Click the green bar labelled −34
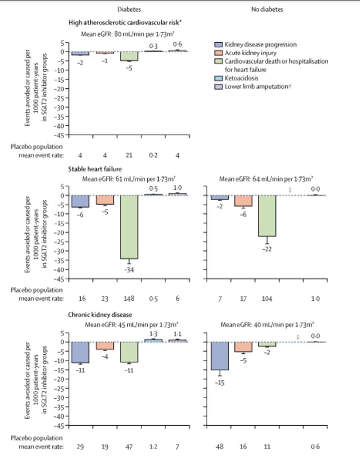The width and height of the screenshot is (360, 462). [x=129, y=227]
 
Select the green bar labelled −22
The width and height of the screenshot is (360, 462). [x=267, y=216]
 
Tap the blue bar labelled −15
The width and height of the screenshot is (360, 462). [x=220, y=356]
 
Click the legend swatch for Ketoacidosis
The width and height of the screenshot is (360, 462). [x=219, y=78]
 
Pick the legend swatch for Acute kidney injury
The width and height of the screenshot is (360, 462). [x=219, y=53]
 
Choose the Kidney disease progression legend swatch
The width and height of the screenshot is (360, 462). [x=219, y=45]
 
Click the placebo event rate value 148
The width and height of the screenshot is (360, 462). [x=129, y=298]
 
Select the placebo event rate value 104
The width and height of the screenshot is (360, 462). [x=267, y=298]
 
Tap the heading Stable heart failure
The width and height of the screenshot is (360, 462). [x=95, y=169]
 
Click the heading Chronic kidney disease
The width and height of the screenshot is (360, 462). [x=100, y=315]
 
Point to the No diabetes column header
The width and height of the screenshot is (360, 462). [x=267, y=9]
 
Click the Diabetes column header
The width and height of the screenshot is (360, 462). [x=129, y=9]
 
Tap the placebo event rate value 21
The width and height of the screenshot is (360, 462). [x=129, y=155]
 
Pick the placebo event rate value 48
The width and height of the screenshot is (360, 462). [x=220, y=447]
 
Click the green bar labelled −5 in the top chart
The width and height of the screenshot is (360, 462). [x=129, y=56]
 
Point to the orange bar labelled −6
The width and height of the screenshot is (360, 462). [x=243, y=201]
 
